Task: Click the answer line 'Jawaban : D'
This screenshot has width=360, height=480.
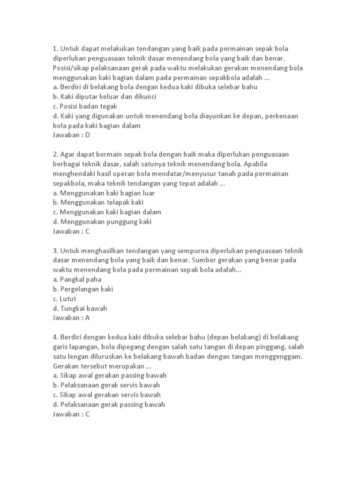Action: (71, 135)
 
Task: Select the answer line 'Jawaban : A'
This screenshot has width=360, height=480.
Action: (71, 318)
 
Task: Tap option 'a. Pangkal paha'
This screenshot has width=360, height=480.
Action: (78, 279)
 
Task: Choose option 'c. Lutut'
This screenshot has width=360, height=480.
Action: (65, 299)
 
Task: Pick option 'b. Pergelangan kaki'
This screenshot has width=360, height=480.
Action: (83, 289)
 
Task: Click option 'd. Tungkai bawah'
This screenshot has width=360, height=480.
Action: (81, 308)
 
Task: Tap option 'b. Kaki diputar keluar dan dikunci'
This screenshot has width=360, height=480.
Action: (104, 97)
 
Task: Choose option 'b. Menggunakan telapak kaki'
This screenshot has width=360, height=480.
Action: (98, 202)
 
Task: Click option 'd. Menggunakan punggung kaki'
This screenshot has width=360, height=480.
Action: (102, 222)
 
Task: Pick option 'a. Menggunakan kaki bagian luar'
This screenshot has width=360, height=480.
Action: (104, 193)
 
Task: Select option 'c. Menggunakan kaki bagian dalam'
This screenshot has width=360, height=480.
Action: (107, 212)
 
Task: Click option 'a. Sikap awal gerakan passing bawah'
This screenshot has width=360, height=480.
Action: (110, 375)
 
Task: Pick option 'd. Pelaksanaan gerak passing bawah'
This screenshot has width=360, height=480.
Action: (109, 405)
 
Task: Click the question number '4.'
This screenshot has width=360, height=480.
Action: (55, 337)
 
